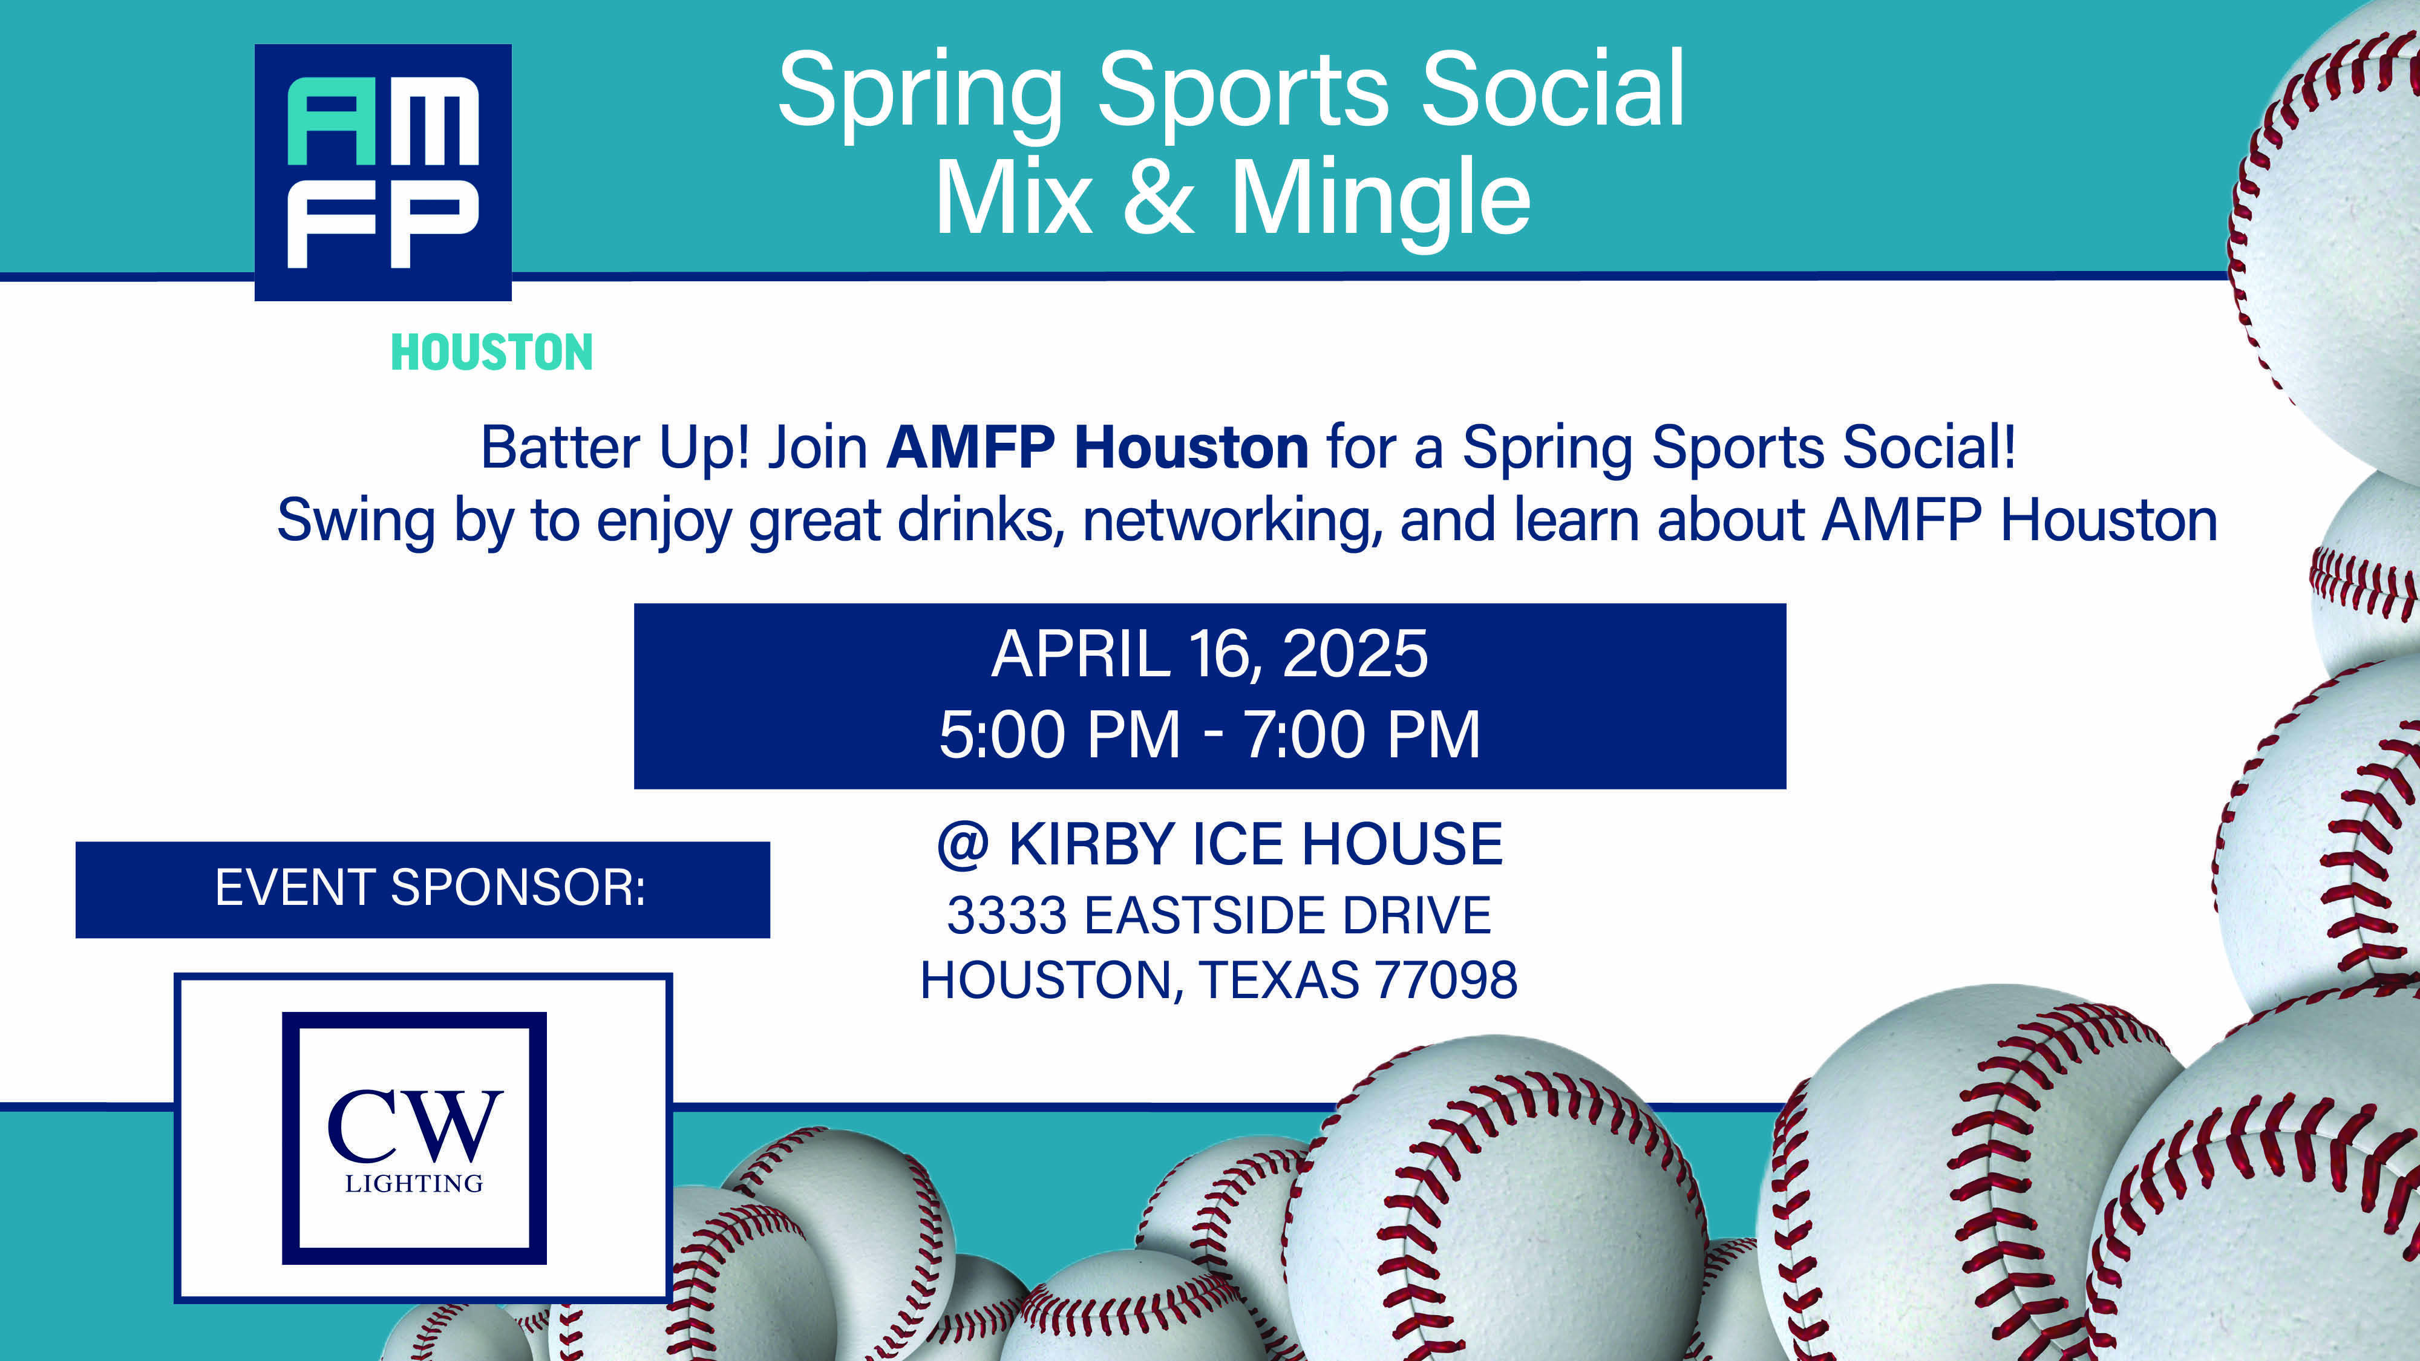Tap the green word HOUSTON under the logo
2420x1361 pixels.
[491, 353]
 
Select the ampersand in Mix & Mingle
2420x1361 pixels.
[1159, 197]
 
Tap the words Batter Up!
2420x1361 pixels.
[615, 449]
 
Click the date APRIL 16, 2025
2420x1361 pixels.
[1210, 654]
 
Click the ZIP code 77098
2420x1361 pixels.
[1446, 981]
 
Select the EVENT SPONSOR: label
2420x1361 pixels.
[430, 889]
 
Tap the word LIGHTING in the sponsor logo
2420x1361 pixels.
[414, 1184]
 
